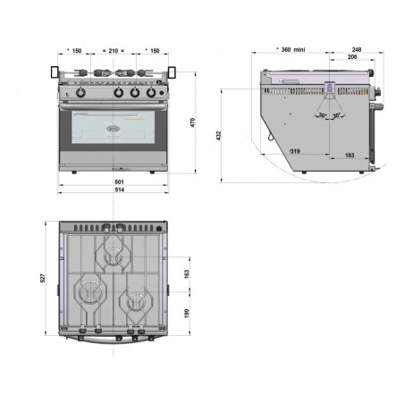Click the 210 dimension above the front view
[111, 51]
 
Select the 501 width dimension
[111, 181]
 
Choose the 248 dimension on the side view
[357, 49]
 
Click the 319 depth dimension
[294, 152]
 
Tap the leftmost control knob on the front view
[79, 92]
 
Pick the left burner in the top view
[90, 291]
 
